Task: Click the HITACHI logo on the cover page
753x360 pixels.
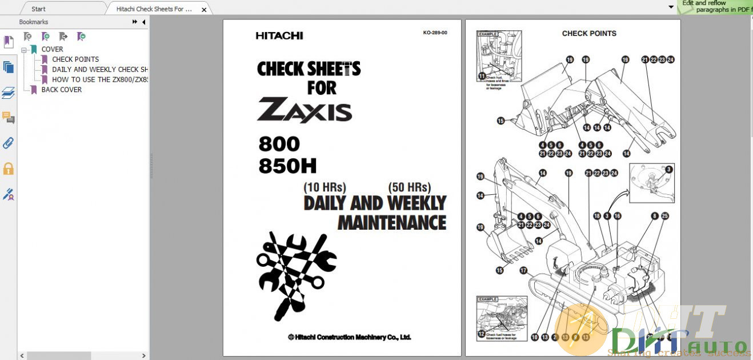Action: point(279,35)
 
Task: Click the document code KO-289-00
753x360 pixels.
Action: point(435,33)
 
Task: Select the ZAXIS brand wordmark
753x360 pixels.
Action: point(305,110)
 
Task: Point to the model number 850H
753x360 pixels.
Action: point(287,166)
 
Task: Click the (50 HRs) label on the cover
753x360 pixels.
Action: point(409,187)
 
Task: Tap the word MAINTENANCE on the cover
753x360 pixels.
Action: point(392,222)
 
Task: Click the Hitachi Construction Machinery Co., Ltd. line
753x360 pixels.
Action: point(350,337)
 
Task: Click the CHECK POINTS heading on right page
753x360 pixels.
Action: point(589,33)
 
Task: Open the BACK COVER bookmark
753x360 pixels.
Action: point(61,90)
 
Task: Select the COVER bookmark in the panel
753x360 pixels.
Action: point(52,49)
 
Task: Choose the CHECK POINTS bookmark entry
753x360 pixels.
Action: point(75,59)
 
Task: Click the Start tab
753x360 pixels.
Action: point(38,9)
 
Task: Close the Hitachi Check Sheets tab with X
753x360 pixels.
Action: point(204,9)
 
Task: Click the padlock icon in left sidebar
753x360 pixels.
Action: point(9,169)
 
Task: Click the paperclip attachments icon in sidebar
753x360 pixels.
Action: point(9,143)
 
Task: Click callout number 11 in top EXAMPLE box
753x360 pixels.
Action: point(482,75)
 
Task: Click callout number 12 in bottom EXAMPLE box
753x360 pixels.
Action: point(481,333)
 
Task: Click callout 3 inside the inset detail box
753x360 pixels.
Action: point(669,169)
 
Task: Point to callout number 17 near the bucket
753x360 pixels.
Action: point(523,270)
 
